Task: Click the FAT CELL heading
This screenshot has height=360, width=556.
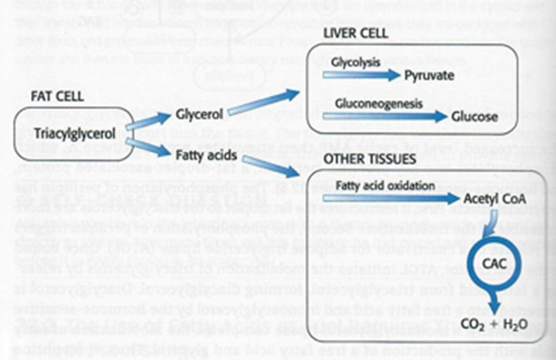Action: [x=57, y=96]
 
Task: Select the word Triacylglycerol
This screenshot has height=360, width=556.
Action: [x=75, y=134]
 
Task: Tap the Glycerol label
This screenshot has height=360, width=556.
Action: [x=199, y=114]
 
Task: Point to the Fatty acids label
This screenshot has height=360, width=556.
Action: [x=206, y=155]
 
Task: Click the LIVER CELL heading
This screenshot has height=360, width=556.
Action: [x=355, y=34]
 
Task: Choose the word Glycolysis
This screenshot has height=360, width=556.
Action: [x=355, y=62]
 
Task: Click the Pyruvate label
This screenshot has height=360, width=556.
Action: [x=429, y=75]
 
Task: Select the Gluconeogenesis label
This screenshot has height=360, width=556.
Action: [x=378, y=104]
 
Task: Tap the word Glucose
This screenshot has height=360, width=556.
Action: [x=475, y=117]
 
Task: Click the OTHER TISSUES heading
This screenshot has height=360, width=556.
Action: [x=370, y=159]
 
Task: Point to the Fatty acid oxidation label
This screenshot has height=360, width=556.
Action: [x=385, y=186]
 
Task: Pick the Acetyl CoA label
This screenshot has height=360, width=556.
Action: [x=494, y=199]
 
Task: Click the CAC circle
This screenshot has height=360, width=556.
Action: [x=494, y=264]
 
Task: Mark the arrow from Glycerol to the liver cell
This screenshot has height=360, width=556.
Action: [x=264, y=103]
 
